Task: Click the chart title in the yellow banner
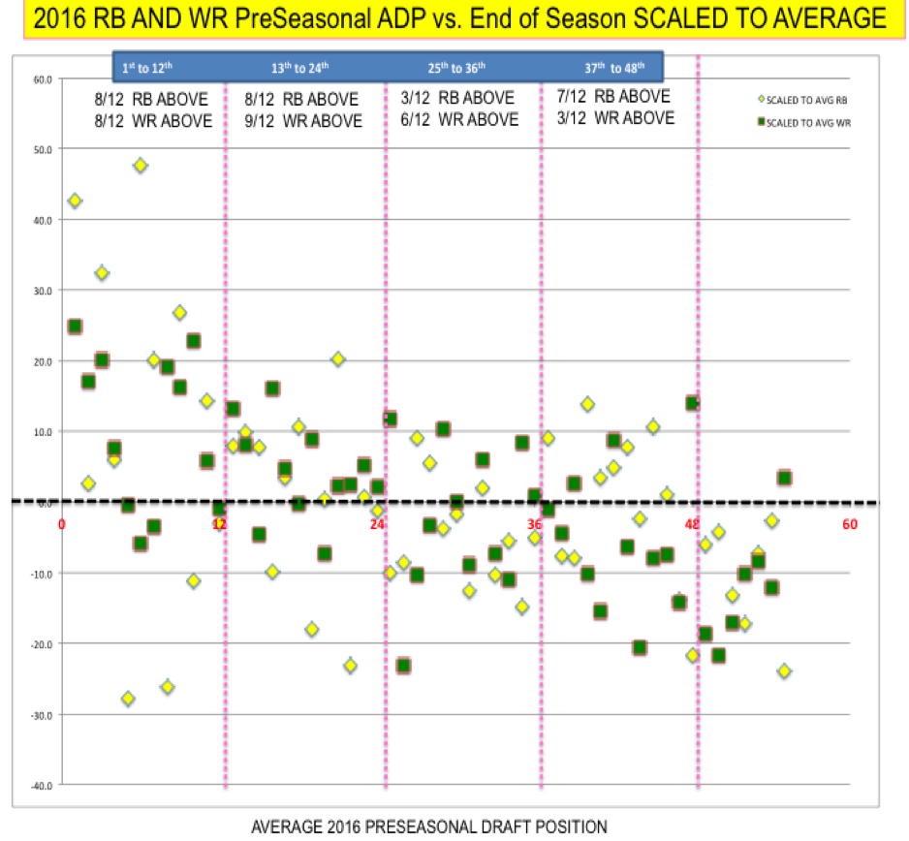tap(454, 18)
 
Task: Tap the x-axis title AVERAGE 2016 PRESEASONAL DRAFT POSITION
tap(429, 826)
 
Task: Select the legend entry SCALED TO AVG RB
tap(807, 99)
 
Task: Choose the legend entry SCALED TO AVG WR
tap(808, 123)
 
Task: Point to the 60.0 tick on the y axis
tap(43, 78)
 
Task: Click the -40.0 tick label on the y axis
tap(41, 784)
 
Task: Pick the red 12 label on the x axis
tap(220, 524)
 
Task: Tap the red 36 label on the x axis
tap(535, 524)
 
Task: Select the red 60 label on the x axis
tap(850, 524)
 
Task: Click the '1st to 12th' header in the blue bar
tap(146, 68)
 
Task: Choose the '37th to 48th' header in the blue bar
tap(614, 68)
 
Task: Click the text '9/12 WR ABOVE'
tap(303, 121)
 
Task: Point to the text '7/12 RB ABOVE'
tap(614, 97)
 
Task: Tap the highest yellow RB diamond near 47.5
tap(141, 166)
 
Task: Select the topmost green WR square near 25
tap(75, 327)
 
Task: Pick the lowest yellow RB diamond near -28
tap(128, 699)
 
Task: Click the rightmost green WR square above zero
tap(784, 478)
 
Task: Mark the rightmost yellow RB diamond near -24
tap(784, 671)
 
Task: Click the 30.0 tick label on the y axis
tap(43, 290)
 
